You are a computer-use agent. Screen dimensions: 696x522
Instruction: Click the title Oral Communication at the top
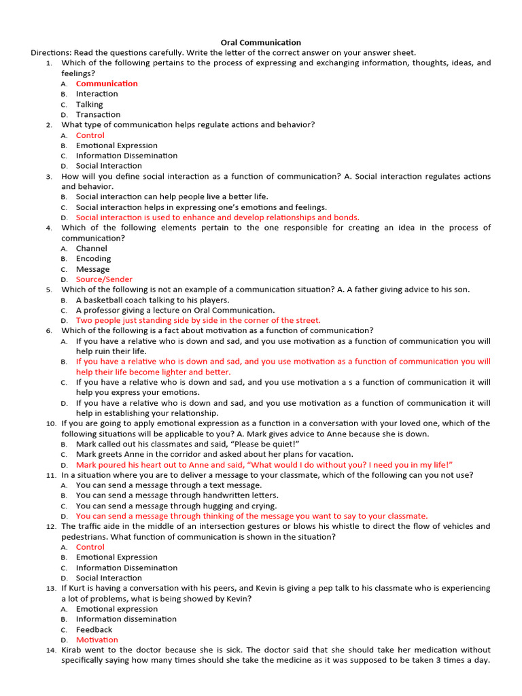261,42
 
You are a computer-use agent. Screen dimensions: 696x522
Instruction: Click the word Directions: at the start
51,52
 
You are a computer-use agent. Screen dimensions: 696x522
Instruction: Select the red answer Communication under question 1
107,84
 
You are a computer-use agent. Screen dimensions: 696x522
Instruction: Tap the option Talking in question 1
89,105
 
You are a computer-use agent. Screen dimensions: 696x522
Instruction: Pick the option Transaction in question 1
98,115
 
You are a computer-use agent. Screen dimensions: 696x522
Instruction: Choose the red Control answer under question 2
90,135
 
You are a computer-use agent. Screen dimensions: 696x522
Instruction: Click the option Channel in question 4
91,248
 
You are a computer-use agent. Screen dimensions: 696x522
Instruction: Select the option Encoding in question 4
93,258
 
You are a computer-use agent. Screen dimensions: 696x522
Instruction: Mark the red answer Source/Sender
104,279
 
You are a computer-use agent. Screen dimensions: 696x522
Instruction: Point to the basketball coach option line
152,300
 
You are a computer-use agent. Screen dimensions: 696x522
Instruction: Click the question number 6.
50,331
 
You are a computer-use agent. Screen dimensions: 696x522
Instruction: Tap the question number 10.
51,423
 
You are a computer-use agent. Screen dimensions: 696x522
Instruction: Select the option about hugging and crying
176,506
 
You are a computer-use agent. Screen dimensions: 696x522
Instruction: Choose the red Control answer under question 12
90,547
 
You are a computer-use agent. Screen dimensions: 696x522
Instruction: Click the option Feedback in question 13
94,629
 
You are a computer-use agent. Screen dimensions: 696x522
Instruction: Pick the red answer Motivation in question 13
97,640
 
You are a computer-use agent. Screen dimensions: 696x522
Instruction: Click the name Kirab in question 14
73,650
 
